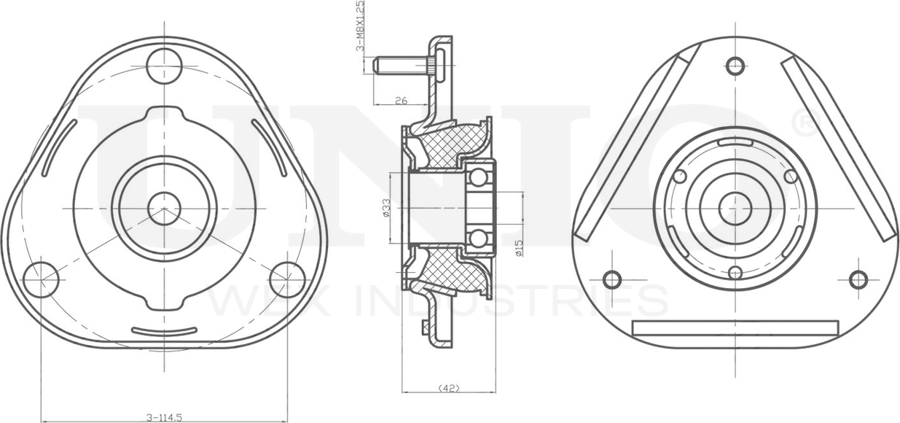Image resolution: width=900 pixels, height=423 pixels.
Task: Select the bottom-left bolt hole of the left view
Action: (x=41, y=280)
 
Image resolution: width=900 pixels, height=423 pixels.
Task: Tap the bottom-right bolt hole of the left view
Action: (x=287, y=280)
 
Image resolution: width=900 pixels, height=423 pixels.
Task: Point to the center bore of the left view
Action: (x=164, y=209)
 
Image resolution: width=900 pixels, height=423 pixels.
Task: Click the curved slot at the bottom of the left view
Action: (x=164, y=333)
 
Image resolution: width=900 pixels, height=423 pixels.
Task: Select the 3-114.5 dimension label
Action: (x=164, y=417)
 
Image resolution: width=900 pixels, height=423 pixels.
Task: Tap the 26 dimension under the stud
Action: (x=401, y=101)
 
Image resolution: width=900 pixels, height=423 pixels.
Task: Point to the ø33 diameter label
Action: (x=386, y=209)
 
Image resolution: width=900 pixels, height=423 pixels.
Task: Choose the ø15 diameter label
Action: (x=520, y=247)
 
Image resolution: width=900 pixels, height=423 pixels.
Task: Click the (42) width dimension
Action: (x=449, y=389)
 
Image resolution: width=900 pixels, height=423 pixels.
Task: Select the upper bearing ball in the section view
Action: (x=478, y=177)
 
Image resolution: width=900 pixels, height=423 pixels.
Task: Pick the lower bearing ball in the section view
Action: (x=478, y=238)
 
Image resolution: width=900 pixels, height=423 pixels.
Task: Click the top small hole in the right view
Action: (x=735, y=66)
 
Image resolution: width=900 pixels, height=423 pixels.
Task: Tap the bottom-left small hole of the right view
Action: (x=612, y=280)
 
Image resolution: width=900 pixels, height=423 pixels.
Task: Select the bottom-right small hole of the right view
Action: (x=858, y=280)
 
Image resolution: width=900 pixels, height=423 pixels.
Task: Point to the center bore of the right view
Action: (x=735, y=209)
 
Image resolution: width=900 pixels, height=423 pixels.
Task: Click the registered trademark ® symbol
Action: (x=805, y=122)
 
